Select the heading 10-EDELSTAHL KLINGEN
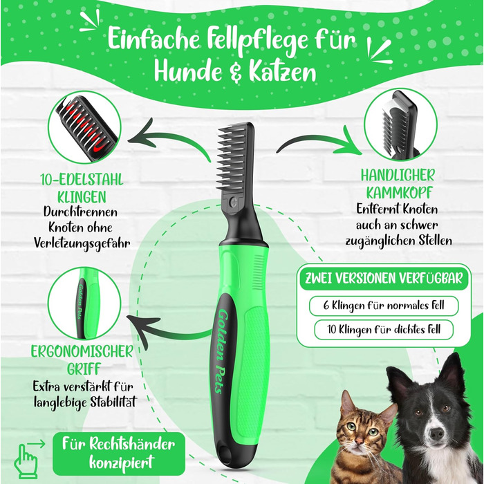82,188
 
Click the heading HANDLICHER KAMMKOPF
398,184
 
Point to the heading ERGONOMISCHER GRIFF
82,360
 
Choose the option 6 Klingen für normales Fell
384,306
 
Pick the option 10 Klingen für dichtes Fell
384,330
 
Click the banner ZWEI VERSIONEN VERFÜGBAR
384,278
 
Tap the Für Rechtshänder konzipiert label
119,454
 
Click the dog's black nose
437,434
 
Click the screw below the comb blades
234,202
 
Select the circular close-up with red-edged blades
84,127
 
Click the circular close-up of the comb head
400,124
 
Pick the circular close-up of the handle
84,303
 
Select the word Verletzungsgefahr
82,243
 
